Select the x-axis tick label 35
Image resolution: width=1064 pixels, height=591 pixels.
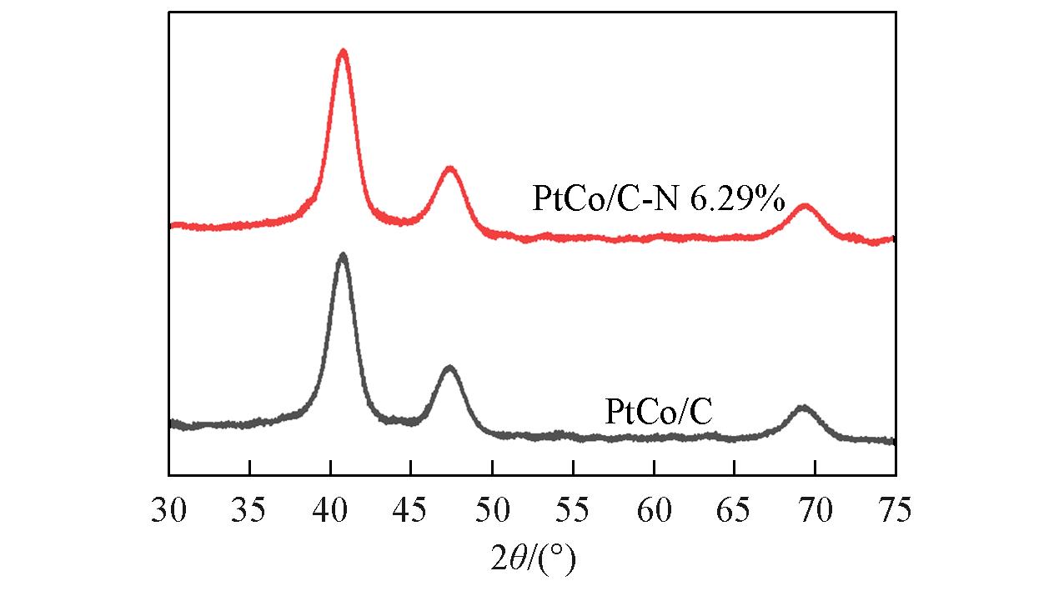pyautogui.click(x=249, y=508)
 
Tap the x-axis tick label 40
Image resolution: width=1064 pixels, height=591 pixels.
pyautogui.click(x=330, y=508)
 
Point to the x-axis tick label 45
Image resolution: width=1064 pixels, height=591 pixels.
pyautogui.click(x=411, y=508)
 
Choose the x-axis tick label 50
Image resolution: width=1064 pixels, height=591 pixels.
pyautogui.click(x=492, y=508)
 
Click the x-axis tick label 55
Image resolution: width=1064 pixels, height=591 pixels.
pyautogui.click(x=573, y=508)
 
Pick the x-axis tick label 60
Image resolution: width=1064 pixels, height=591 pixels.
pyautogui.click(x=654, y=508)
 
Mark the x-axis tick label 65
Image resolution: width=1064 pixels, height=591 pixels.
pyautogui.click(x=734, y=508)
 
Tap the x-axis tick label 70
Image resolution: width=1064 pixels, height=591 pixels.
pyautogui.click(x=815, y=508)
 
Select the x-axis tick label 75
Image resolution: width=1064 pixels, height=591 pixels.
pyautogui.click(x=895, y=508)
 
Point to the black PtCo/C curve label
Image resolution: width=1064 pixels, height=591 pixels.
pyautogui.click(x=659, y=412)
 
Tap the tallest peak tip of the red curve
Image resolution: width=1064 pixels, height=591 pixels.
pyautogui.click(x=342, y=52)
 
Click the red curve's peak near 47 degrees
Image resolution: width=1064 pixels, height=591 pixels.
pyautogui.click(x=450, y=168)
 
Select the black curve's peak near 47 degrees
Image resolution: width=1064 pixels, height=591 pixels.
pyautogui.click(x=449, y=368)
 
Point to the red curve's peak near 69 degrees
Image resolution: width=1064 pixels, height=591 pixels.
pyautogui.click(x=804, y=205)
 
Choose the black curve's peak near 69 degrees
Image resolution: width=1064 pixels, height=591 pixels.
pyautogui.click(x=803, y=408)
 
